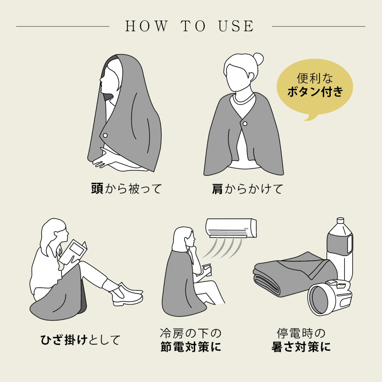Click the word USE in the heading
pos(236,26)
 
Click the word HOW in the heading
pos(146,26)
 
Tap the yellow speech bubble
pos(314,88)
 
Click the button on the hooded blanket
pos(105,135)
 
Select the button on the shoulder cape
pos(245,124)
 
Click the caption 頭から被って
pos(126,189)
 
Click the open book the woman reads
pos(73,252)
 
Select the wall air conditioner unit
pos(231,228)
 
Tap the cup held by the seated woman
pos(207,270)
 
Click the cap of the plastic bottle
pos(340,220)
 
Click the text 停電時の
pos(301,333)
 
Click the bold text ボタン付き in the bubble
pos(315,92)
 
